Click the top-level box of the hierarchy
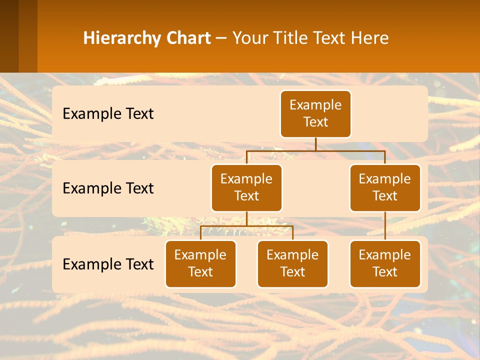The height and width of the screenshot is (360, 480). coord(315,113)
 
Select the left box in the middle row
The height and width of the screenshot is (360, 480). coord(246,187)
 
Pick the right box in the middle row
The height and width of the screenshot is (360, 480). coord(385,187)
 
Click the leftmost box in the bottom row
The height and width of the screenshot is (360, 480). coord(200,263)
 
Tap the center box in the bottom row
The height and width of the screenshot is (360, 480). coord(292,263)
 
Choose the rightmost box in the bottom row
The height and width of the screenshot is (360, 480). coord(385,263)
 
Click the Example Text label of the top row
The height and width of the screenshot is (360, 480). coord(108,114)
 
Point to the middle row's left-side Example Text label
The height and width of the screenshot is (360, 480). coord(108,188)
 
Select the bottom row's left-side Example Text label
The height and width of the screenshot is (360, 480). coord(108,264)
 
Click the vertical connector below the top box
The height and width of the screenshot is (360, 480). coord(315,144)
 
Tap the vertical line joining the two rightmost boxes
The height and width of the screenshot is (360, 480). coord(385,225)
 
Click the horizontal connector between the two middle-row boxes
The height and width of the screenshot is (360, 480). coord(315,150)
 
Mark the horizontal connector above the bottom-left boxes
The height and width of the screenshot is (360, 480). coord(246,226)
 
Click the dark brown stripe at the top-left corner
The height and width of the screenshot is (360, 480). coord(9,36)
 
